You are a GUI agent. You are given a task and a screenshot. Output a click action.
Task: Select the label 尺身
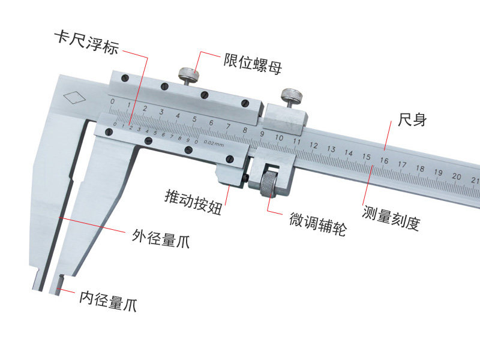[x=412, y=119]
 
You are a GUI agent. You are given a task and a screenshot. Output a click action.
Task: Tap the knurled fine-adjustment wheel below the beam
[x=269, y=183]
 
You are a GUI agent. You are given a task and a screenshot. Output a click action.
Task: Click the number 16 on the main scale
[x=384, y=160]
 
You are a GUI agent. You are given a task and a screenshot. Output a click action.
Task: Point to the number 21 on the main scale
[x=475, y=178]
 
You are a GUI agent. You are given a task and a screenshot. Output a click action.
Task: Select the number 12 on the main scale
[x=314, y=145]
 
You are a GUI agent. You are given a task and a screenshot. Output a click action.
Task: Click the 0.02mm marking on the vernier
[x=214, y=143]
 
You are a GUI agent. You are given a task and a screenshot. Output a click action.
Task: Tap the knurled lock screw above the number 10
[x=292, y=96]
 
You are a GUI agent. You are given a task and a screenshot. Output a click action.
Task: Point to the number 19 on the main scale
[x=439, y=172]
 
